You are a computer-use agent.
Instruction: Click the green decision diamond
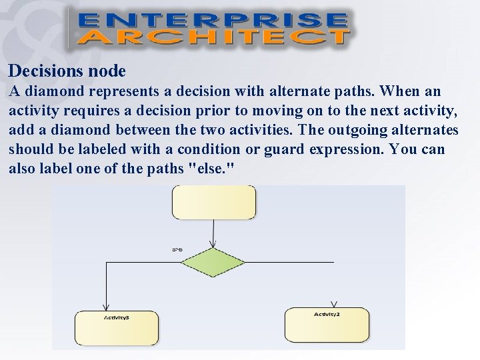[x=213, y=263]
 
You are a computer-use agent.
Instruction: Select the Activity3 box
[x=117, y=327]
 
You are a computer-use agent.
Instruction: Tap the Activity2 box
[x=327, y=325]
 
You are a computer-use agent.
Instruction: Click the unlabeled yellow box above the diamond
[x=214, y=202]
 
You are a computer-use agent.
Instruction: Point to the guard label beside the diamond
[x=178, y=250]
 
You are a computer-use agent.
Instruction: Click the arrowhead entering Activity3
[x=107, y=305]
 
